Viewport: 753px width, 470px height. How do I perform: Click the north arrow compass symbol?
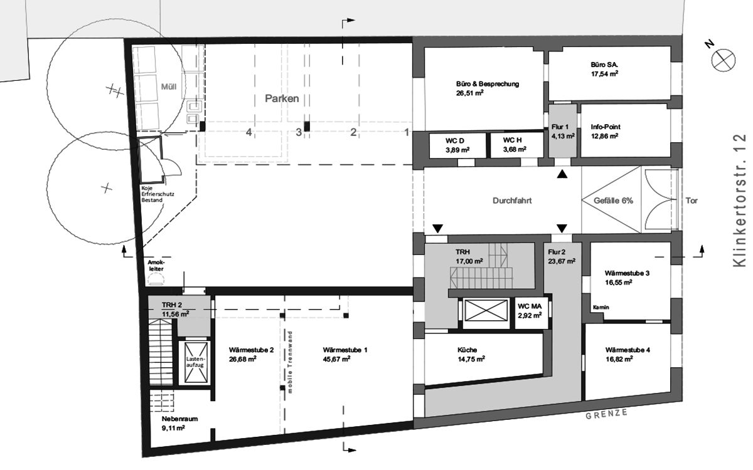723,60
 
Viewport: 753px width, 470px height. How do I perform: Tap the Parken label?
282,98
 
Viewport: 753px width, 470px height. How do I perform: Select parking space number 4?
248,132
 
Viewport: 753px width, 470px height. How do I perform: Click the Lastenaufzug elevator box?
196,363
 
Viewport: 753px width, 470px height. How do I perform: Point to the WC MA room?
530,311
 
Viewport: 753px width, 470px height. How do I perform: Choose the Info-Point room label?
606,127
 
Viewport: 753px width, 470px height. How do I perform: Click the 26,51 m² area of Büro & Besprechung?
469,93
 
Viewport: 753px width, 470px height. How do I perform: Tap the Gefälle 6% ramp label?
613,201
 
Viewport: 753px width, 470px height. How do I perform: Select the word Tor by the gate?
692,201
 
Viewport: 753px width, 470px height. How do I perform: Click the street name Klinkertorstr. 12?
739,201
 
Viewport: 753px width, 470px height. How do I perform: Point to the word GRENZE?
606,414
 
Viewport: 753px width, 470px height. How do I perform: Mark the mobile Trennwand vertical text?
290,362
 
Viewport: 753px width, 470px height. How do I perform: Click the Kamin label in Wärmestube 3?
601,307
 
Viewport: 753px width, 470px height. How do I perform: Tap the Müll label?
168,87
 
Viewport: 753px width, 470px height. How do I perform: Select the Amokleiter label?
156,266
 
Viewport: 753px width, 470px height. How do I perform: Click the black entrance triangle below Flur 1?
562,175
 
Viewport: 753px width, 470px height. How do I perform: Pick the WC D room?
457,145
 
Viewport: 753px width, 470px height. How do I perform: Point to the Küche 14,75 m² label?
471,355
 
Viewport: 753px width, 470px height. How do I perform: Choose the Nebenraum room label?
179,419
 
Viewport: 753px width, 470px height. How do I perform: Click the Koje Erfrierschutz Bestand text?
158,194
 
